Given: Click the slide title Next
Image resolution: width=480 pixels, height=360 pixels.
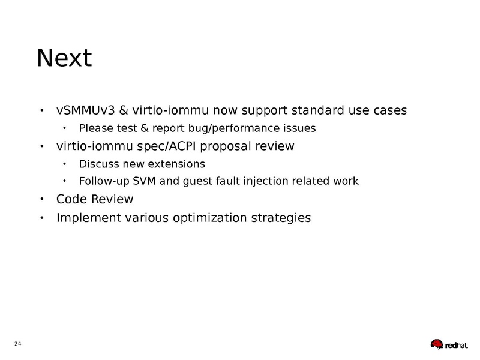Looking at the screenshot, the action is (64, 58).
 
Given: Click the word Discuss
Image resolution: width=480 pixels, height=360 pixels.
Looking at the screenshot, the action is (98, 164).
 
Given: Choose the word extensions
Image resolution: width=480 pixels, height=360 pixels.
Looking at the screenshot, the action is (176, 164).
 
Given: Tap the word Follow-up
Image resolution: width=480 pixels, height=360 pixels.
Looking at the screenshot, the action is (104, 181).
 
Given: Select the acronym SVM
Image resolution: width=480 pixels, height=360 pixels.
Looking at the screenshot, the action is (144, 181).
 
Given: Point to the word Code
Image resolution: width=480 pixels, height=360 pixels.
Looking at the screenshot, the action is (71, 199).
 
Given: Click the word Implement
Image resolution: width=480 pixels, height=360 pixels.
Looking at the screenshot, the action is (89, 218).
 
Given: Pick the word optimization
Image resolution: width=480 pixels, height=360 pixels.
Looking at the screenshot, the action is (209, 218).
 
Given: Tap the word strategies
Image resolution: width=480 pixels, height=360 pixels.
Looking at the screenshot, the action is (281, 218).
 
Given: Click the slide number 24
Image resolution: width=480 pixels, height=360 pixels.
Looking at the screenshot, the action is (18, 343).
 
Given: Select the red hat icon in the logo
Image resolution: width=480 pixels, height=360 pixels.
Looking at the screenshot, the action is (437, 344).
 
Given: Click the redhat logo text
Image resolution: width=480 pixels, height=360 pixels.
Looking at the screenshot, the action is (457, 346).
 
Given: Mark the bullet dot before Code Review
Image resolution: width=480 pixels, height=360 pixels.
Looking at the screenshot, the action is (42, 199).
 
